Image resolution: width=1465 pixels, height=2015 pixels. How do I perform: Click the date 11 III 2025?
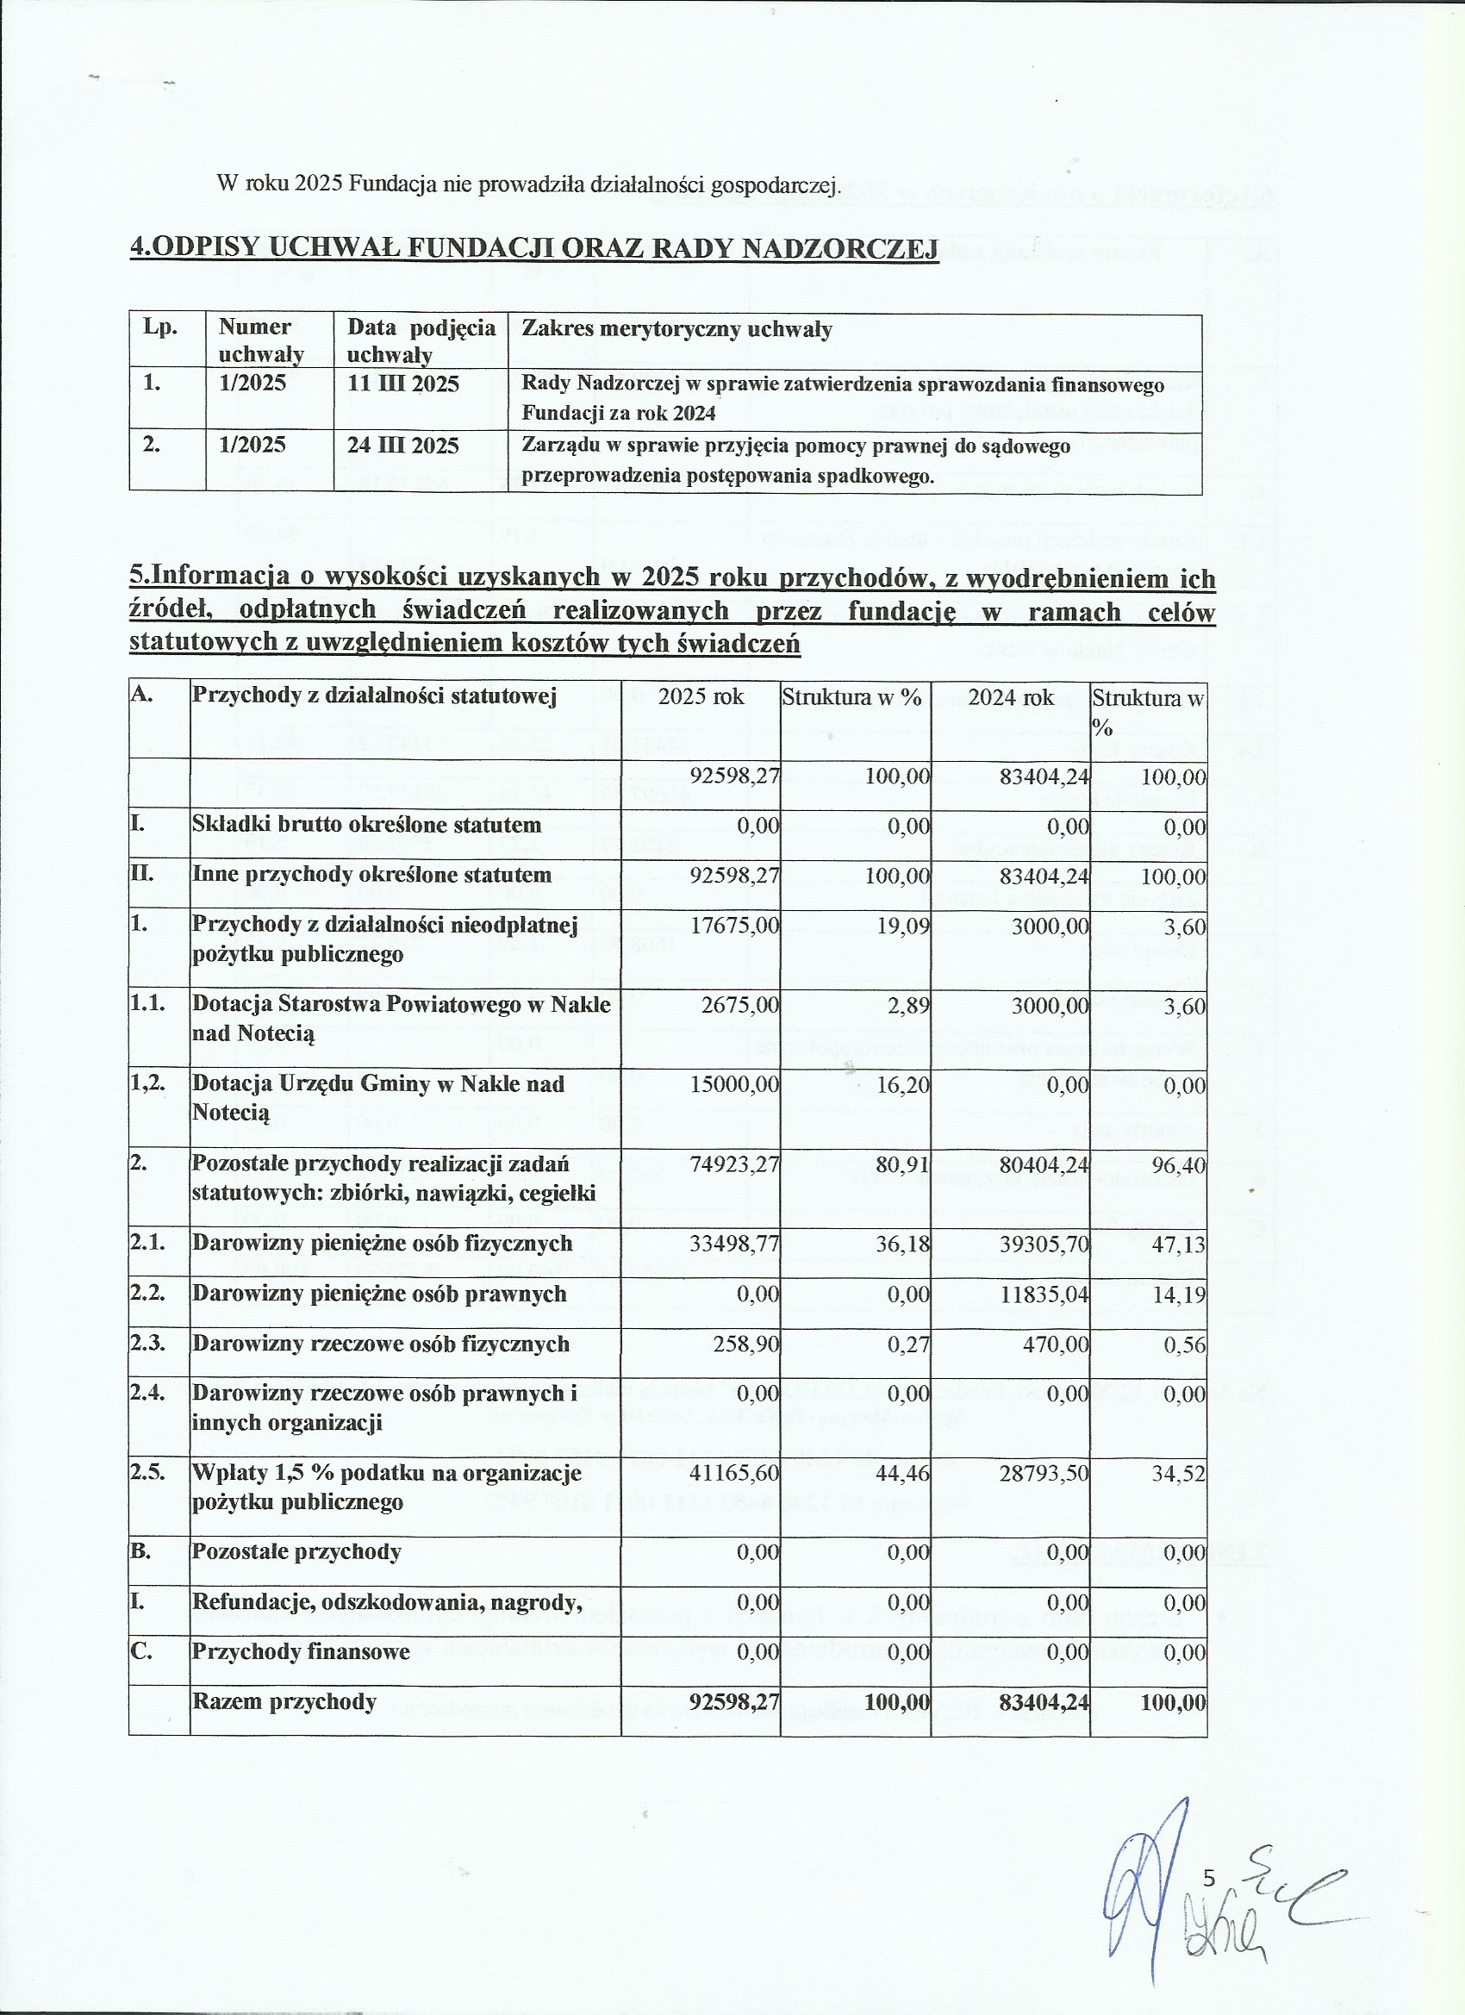[x=402, y=384]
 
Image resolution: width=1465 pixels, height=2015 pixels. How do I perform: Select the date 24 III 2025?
[x=402, y=445]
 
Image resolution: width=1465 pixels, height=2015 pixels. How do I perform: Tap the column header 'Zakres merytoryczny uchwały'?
[x=676, y=329]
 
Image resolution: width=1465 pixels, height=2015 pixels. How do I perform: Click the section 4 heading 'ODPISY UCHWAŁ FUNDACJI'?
[x=534, y=248]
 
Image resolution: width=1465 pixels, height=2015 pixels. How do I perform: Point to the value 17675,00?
[x=735, y=926]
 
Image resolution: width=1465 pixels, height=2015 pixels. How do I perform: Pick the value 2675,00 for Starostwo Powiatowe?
[x=740, y=1006]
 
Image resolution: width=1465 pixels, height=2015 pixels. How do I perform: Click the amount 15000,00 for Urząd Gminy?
[x=735, y=1085]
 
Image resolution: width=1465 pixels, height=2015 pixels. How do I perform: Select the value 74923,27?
[x=735, y=1164]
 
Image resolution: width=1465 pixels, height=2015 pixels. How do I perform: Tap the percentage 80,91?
[x=901, y=1164]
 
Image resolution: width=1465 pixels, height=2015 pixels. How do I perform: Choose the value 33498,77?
[x=735, y=1244]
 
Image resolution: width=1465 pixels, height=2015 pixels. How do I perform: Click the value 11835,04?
[x=1044, y=1294]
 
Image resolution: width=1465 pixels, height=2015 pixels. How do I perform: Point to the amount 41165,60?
[x=735, y=1473]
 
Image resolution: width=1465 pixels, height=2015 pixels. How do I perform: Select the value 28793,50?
[x=1044, y=1473]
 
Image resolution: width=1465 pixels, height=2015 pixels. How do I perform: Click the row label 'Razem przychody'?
[x=284, y=1701]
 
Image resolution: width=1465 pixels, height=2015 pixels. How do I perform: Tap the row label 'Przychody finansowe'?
[x=300, y=1651]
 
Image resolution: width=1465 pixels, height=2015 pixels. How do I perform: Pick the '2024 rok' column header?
[x=1010, y=697]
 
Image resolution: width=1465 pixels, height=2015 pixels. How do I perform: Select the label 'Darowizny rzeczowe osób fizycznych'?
[x=380, y=1344]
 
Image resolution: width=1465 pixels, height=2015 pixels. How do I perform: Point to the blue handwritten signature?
[x=1146, y=1893]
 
